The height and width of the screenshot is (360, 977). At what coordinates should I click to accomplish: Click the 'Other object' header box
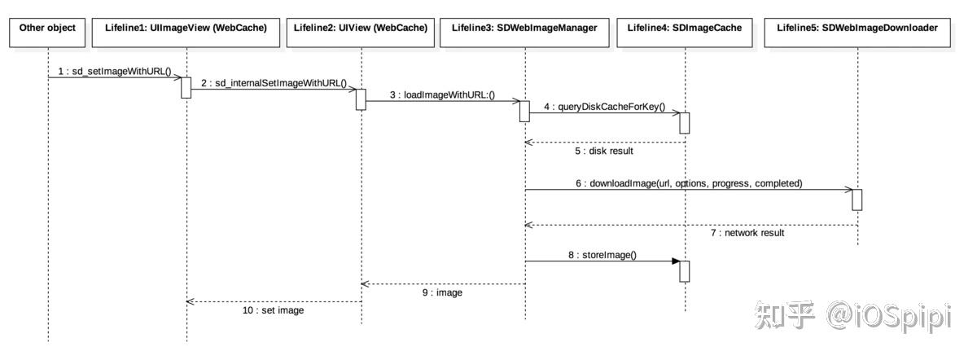pos(48,28)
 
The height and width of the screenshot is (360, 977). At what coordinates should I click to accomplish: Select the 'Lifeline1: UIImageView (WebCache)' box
pos(186,28)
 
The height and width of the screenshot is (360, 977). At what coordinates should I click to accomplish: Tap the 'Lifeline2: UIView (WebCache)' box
pos(361,28)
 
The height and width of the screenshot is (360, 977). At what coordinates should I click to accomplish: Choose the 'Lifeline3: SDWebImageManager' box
pos(524,28)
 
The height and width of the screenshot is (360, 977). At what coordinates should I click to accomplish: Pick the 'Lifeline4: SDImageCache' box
pos(684,28)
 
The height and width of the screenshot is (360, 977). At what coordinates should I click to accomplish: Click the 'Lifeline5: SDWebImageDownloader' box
pos(857,28)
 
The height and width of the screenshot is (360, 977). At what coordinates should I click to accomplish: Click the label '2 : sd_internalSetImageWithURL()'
pos(273,83)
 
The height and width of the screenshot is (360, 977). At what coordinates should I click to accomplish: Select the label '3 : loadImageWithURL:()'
pos(437,95)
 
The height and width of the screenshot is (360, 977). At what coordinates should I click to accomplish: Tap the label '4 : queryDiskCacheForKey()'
pos(606,107)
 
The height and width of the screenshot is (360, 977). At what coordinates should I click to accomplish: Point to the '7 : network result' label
pos(746,233)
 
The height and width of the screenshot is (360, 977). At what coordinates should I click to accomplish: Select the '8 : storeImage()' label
pos(602,254)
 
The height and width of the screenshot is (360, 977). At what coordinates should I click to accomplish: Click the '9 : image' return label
pos(442,292)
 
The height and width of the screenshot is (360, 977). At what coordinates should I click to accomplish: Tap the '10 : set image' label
pos(273,310)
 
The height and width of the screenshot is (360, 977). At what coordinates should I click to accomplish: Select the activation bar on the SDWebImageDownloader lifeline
pos(857,200)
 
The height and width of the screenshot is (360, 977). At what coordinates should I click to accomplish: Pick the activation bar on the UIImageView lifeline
pos(186,87)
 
